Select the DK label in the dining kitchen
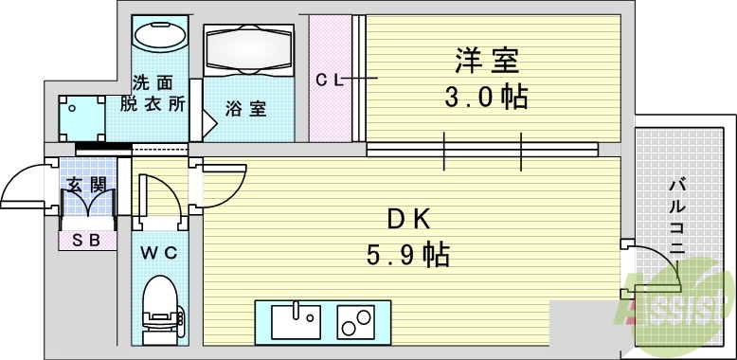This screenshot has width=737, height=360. [408, 220]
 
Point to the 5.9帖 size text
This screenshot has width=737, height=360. [408, 255]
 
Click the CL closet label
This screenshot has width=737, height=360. [330, 81]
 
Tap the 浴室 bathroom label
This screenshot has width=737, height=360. [244, 109]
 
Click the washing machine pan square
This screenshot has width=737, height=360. [81, 118]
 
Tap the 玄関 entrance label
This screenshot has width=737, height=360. [83, 185]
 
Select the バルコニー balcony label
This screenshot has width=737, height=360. [677, 218]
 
